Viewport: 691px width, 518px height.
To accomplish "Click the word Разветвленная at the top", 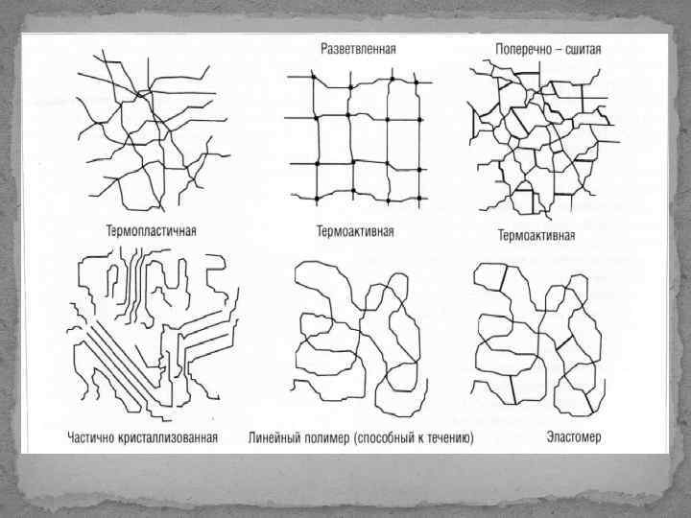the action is [358, 49].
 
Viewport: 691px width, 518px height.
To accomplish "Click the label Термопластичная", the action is [152, 231].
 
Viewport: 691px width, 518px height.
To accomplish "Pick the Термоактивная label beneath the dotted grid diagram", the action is [355, 231].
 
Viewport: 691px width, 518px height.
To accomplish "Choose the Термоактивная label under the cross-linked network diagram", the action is [536, 235].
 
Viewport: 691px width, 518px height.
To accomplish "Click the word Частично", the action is [91, 437].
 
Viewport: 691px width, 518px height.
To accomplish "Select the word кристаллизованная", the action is [168, 437].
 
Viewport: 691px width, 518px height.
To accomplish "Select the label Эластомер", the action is [573, 437].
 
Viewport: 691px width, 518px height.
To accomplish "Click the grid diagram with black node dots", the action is [358, 137].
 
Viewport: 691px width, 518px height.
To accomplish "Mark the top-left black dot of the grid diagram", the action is [314, 77].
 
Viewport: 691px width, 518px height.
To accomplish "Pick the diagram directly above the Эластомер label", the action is [538, 340].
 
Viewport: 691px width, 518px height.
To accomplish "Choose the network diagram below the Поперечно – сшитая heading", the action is [544, 140].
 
